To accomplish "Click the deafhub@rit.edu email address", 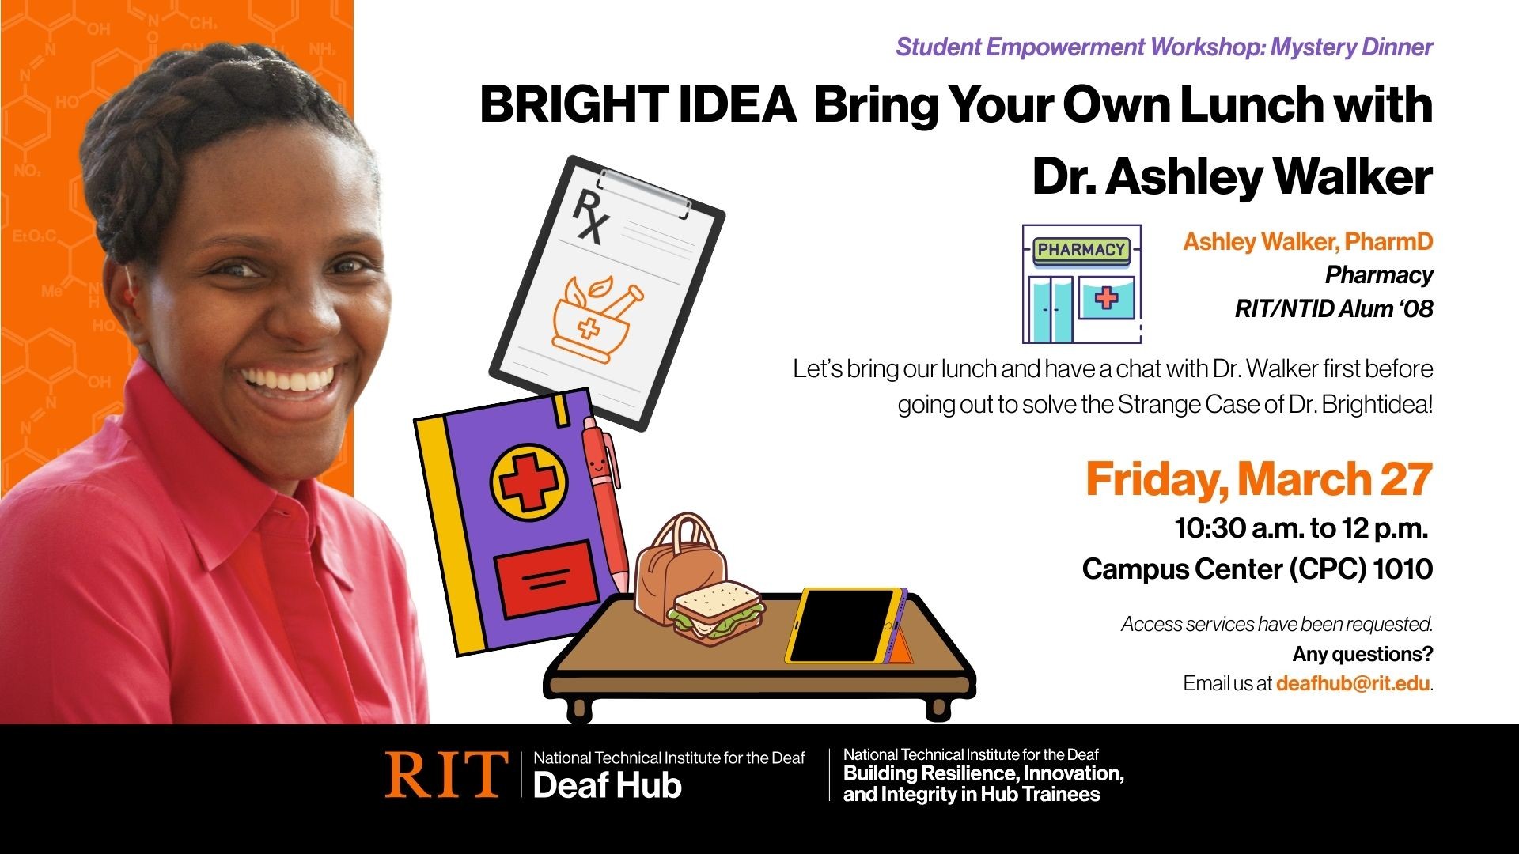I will [x=1352, y=683].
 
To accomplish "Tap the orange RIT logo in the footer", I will [x=445, y=774].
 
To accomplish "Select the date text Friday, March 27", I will [x=1258, y=479].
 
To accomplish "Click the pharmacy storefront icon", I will [x=1081, y=284].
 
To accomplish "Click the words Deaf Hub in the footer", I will [x=607, y=786].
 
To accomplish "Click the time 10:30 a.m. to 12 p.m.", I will [x=1301, y=528].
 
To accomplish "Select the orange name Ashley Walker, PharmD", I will [x=1307, y=241].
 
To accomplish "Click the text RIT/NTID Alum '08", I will [x=1333, y=308].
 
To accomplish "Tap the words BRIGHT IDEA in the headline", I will [x=638, y=105].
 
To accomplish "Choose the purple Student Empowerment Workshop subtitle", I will [x=1164, y=47].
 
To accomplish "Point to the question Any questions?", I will [x=1362, y=654].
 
